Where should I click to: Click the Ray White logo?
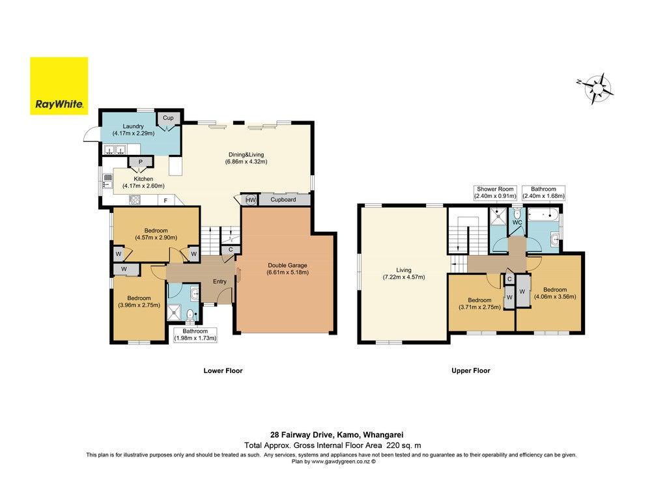(59, 86)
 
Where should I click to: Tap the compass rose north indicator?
(579, 81)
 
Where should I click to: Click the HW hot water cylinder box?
(250, 200)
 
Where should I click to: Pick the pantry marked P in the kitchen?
(141, 162)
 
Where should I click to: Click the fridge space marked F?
(166, 201)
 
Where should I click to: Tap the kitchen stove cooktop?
(135, 200)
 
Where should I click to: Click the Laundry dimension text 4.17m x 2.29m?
(133, 133)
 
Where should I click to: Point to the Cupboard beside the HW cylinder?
(284, 199)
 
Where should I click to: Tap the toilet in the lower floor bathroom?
(190, 314)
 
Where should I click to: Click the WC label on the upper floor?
(517, 223)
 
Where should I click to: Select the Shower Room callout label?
(495, 193)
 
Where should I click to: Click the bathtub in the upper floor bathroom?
(543, 215)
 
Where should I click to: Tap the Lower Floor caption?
(223, 370)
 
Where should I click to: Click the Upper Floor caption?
(471, 370)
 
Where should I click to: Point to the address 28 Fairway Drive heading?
(337, 435)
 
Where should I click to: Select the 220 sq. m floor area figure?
(403, 445)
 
